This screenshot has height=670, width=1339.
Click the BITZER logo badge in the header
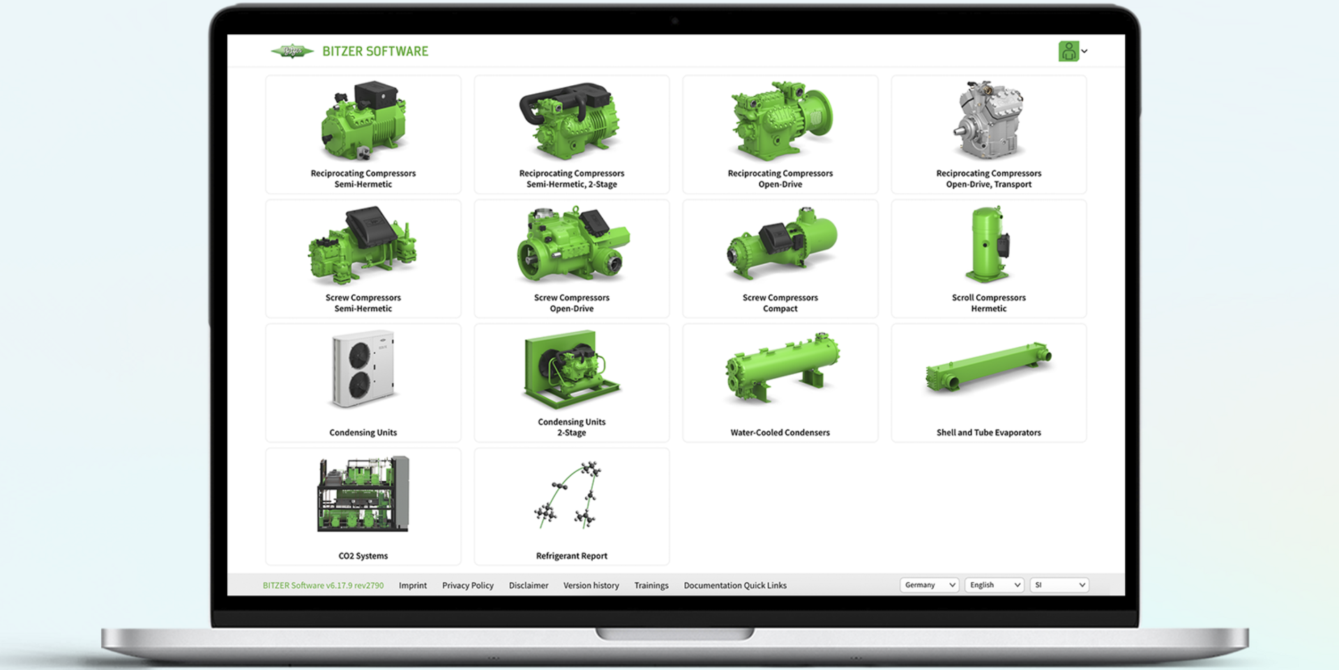(292, 51)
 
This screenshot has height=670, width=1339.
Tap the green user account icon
(1068, 51)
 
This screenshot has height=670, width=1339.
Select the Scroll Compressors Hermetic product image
(989, 244)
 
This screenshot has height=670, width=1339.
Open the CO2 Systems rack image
(363, 493)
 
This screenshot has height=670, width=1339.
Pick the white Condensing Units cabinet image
(363, 368)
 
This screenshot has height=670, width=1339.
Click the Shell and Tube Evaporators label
(989, 433)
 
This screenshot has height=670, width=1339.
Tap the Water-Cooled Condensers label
(780, 433)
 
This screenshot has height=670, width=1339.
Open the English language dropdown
(994, 585)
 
